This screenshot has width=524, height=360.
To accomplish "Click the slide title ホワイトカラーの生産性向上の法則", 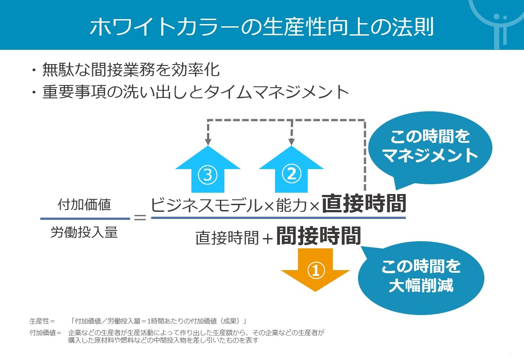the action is (x=262, y=26).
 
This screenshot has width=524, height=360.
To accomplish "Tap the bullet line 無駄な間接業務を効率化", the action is (x=130, y=69).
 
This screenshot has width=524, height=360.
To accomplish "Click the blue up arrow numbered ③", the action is (x=208, y=169).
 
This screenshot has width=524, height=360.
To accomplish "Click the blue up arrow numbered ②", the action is (x=292, y=169).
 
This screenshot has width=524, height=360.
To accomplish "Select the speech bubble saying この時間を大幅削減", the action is (x=421, y=277).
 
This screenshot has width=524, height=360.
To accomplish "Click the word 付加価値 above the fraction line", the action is (x=84, y=204).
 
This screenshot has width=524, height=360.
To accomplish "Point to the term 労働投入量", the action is (x=84, y=232).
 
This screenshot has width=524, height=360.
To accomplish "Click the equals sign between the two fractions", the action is (x=140, y=218).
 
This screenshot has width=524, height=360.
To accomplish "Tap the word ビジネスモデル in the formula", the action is (x=207, y=205).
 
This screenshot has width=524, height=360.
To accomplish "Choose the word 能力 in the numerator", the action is (x=292, y=205).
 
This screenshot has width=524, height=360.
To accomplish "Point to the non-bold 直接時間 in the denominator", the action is (x=227, y=238).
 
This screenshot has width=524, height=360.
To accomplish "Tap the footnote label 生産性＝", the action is (x=42, y=321).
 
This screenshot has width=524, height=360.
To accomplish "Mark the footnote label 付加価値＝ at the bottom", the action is (x=45, y=332).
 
